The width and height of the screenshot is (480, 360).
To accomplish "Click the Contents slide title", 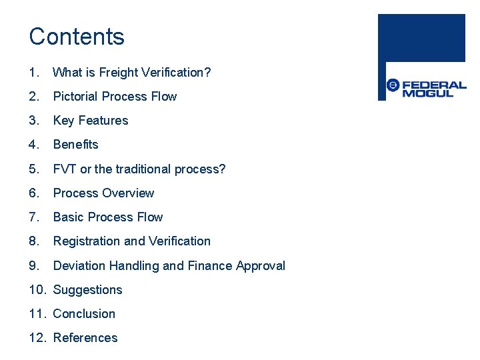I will click(x=77, y=37).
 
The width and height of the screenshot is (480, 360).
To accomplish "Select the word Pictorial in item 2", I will click(x=75, y=97).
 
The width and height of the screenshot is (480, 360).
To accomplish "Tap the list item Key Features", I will click(x=90, y=121).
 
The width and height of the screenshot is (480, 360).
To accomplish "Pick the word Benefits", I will click(x=75, y=145).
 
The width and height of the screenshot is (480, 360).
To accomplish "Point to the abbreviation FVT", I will click(x=65, y=169).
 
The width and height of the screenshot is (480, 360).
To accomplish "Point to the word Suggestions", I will click(x=87, y=290).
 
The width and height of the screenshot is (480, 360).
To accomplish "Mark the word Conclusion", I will click(x=84, y=314).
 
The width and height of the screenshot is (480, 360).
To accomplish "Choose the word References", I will click(x=85, y=338).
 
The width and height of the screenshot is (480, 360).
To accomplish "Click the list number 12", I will click(x=38, y=338).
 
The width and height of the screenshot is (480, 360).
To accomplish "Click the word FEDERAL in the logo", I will click(x=434, y=85).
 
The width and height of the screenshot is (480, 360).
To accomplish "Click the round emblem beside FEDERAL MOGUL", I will click(x=393, y=85).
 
